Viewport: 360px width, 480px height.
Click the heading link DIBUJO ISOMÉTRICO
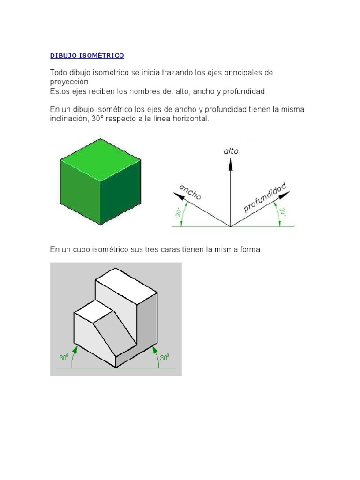point(87,56)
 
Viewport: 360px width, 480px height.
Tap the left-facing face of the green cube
point(80,189)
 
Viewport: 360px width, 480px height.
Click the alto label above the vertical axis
point(231,151)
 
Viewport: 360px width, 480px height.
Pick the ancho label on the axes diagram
point(190,192)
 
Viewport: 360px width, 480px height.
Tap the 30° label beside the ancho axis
point(179,213)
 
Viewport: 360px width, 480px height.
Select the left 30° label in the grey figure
point(64,358)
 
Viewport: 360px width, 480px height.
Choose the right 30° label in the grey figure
point(165,358)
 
